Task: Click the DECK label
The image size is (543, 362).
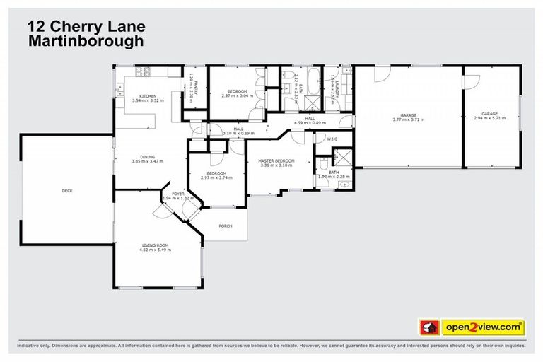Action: [x=67, y=191]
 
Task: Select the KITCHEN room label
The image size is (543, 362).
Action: [x=147, y=96]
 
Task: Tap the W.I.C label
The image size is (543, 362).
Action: [x=332, y=139]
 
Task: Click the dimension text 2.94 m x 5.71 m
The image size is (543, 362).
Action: [x=490, y=118]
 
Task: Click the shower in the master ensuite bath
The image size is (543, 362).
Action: [x=342, y=158]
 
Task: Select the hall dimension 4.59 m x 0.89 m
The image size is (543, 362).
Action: [x=309, y=124]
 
